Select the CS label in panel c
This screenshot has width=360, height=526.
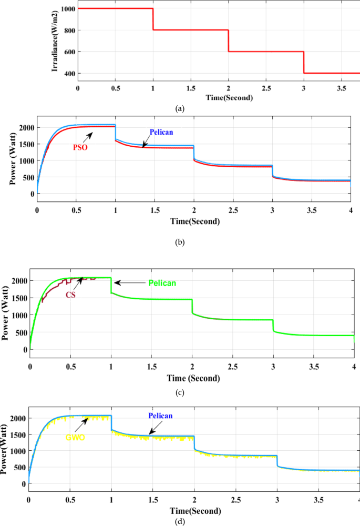pos(71,295)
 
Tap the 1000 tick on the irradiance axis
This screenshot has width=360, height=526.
pos(67,9)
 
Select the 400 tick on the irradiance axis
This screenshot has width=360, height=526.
pos(69,74)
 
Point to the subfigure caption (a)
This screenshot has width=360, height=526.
pos(180,109)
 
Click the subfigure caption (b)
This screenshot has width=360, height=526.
pos(180,243)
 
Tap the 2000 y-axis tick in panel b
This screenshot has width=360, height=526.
pos(24,128)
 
